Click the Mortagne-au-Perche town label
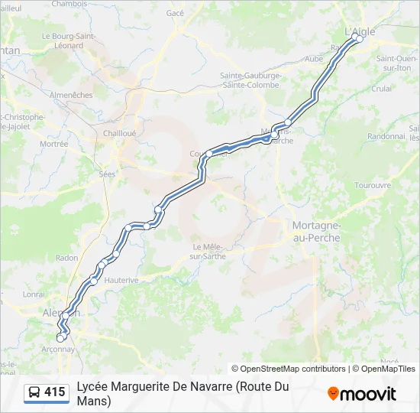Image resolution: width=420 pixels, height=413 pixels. pos(316,232)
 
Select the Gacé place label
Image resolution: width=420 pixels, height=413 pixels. pos(176,13)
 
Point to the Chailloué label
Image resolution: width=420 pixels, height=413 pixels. pos(119,132)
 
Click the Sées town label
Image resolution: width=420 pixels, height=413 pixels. pos(107,174)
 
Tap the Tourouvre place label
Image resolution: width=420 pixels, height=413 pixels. pos(373,185)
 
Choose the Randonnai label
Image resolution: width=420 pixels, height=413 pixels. pos(386,136)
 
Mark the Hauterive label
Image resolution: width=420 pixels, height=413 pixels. pos(121,280)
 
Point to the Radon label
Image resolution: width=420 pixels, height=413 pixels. pos(66,258)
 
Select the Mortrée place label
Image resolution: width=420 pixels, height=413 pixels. pos(54,144)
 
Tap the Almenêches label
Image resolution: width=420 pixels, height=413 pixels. pos(70,96)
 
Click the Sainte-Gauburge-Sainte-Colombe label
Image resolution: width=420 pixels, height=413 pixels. pos(251,80)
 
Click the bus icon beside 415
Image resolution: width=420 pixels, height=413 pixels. pos(34,392)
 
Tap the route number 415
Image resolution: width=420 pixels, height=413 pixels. pos(55,392)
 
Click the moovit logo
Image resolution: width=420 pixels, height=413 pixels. pos(362,394)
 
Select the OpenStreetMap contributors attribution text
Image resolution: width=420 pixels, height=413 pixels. pos(288,369)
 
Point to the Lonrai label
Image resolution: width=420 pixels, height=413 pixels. pos(34,294)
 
